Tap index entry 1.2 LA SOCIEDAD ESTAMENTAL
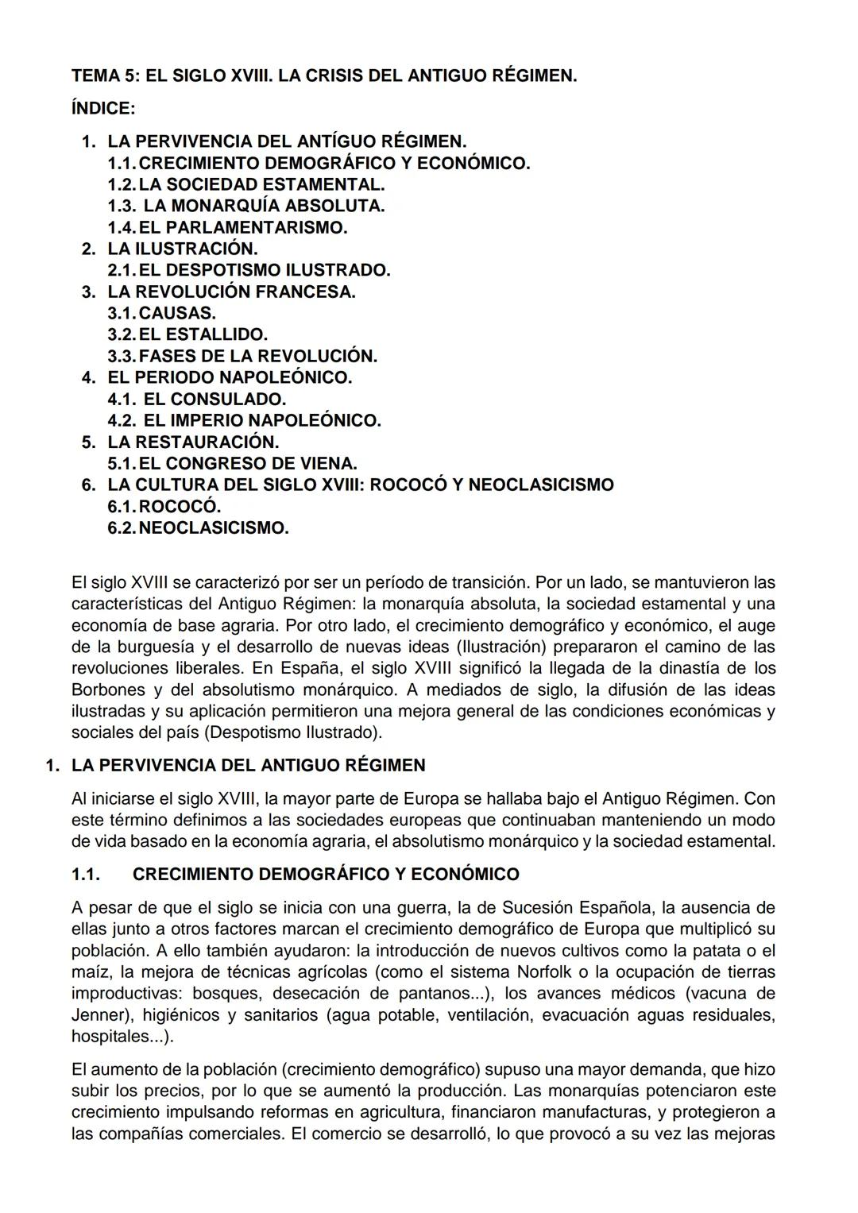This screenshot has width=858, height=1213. (x=246, y=184)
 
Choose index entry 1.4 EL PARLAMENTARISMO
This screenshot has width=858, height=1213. (x=228, y=227)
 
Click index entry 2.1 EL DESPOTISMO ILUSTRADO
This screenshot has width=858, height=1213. (x=249, y=270)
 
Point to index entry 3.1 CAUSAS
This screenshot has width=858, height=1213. (x=162, y=313)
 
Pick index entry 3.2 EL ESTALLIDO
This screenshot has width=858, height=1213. (x=187, y=334)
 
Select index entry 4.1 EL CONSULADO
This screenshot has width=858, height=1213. (x=197, y=399)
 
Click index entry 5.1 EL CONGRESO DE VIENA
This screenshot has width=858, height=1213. (x=232, y=463)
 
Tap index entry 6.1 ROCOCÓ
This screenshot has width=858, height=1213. (x=164, y=506)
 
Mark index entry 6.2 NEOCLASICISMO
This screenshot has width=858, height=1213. (x=199, y=527)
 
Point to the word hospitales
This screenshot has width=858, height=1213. (x=110, y=1036)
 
